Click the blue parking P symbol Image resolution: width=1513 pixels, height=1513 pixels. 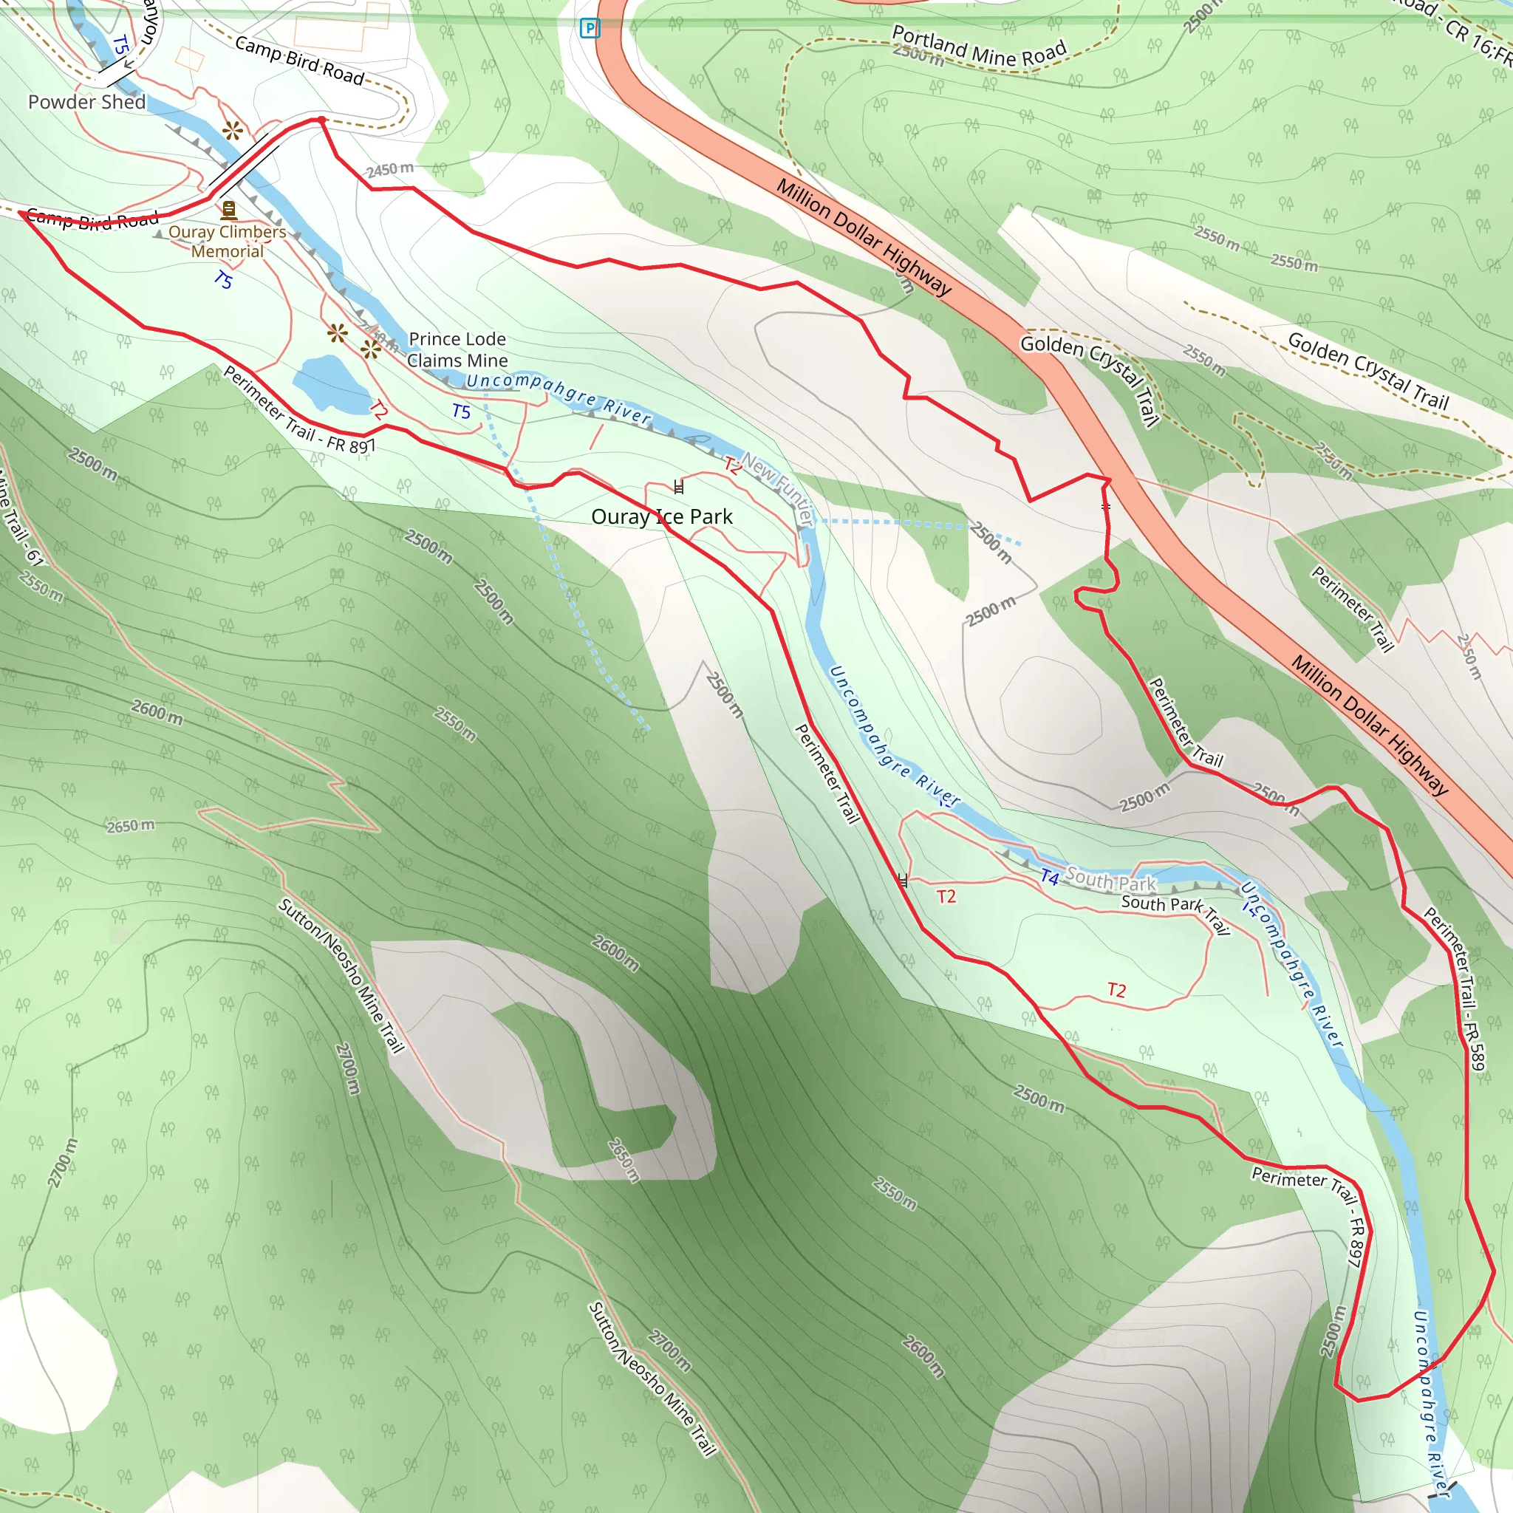[589, 29]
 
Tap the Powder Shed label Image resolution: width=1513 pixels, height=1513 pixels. [87, 102]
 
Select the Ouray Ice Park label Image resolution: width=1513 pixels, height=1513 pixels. [662, 517]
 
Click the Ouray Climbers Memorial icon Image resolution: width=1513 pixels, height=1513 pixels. [229, 210]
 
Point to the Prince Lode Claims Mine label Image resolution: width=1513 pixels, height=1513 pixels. [457, 349]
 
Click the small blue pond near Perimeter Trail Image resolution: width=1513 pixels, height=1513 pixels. [329, 383]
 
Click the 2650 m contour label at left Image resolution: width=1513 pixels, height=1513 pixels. [131, 826]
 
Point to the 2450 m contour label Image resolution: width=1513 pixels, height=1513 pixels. [390, 169]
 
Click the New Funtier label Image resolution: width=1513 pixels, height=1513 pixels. [779, 488]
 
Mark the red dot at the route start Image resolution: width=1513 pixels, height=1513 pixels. [321, 120]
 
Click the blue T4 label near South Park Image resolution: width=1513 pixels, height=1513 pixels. [1049, 878]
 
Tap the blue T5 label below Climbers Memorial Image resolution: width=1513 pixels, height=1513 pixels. [223, 279]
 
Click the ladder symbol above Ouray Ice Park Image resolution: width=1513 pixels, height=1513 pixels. [679, 486]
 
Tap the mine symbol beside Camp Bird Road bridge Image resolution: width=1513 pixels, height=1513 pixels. [232, 131]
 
